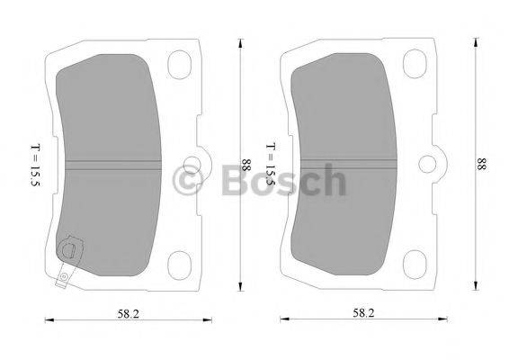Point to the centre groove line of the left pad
tap(112, 163)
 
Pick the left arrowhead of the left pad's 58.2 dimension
tap(47, 320)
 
